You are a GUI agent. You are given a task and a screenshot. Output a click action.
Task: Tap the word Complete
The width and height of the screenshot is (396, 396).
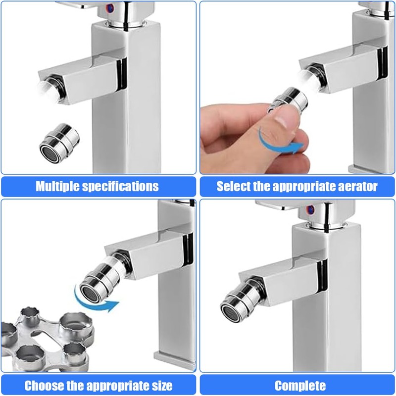(300, 386)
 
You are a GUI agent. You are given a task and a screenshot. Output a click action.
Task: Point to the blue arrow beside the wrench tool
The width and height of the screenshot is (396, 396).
(95, 302)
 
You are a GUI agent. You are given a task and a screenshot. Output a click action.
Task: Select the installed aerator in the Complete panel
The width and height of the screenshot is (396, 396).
(243, 300)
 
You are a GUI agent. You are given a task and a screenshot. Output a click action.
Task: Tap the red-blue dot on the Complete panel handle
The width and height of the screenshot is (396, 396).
(310, 209)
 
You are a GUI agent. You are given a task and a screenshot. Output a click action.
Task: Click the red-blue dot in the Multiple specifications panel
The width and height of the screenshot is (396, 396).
(110, 8)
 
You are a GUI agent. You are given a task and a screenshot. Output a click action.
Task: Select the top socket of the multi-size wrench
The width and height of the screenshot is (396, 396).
(30, 315)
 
